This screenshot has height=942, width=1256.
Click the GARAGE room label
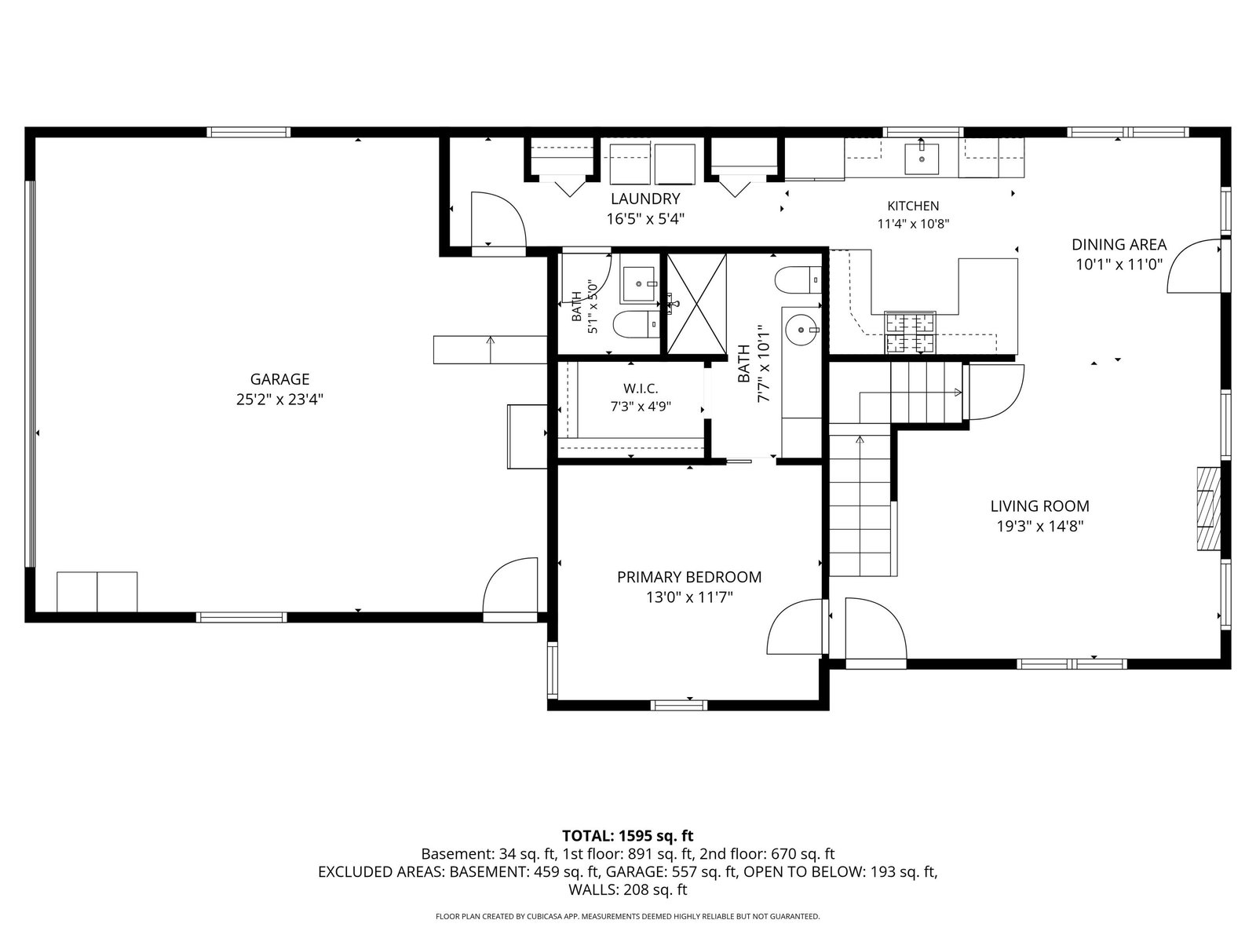[279, 379]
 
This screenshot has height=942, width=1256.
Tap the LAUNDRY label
[645, 199]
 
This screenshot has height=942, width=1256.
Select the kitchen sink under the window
[922, 159]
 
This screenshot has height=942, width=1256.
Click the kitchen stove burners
[910, 333]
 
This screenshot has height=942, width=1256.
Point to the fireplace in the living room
[1208, 509]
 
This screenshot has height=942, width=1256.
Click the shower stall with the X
[696, 304]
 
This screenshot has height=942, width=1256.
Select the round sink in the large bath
[801, 330]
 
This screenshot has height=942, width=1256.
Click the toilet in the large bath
[798, 279]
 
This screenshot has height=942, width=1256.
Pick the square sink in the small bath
[638, 283]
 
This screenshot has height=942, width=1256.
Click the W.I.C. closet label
[641, 389]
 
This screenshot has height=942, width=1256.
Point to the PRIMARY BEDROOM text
[689, 577]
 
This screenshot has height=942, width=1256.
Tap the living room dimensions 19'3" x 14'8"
[1040, 526]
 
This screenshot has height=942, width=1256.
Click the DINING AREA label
[1119, 245]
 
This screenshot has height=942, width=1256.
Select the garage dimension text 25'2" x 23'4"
[279, 400]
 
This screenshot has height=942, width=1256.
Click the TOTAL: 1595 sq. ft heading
[628, 835]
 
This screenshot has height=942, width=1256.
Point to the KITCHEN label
[913, 206]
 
